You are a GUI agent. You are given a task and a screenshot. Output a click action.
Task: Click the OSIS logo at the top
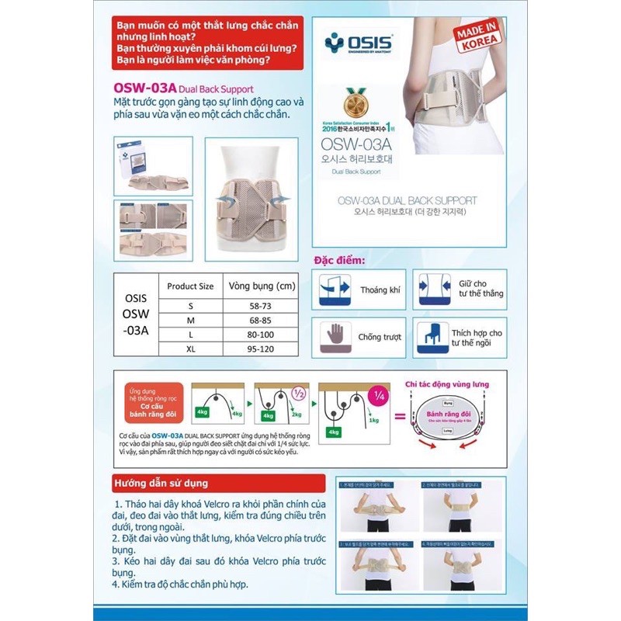pyautogui.click(x=359, y=41)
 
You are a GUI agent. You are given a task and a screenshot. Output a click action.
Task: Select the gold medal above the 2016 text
pyautogui.click(x=354, y=103)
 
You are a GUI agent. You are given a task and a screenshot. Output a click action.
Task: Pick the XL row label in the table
pyautogui.click(x=190, y=350)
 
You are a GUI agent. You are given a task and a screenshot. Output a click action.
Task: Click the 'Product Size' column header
pyautogui.click(x=190, y=286)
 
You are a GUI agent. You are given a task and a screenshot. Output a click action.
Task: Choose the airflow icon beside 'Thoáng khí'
pyautogui.click(x=335, y=290)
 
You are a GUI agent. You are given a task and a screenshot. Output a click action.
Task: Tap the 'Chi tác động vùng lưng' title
pyautogui.click(x=449, y=383)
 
